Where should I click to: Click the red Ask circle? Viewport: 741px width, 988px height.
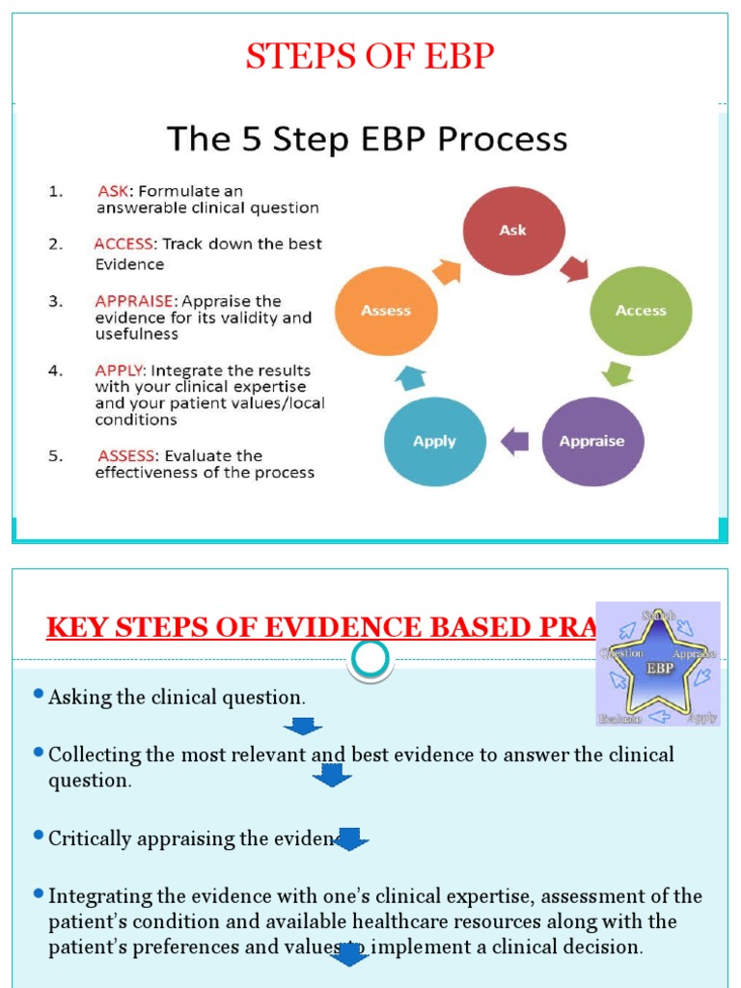point(513,231)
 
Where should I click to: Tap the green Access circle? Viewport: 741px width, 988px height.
point(641,311)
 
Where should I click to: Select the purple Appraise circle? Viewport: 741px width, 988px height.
point(591,441)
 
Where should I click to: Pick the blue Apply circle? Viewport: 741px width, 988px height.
point(434,441)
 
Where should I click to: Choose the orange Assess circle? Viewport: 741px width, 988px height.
point(386,311)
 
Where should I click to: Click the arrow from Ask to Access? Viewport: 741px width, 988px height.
point(575,267)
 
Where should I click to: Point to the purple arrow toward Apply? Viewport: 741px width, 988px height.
point(514,442)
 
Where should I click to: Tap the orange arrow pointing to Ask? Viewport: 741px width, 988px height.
point(447,271)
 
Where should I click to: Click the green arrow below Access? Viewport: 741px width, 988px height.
point(616,372)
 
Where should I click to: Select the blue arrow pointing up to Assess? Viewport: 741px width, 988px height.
point(409,376)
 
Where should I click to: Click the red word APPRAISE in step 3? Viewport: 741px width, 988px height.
point(136,301)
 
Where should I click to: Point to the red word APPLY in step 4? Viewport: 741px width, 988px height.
point(121,370)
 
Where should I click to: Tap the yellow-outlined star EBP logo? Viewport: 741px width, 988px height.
point(658,663)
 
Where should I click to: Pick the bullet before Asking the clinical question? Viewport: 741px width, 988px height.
point(38,695)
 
